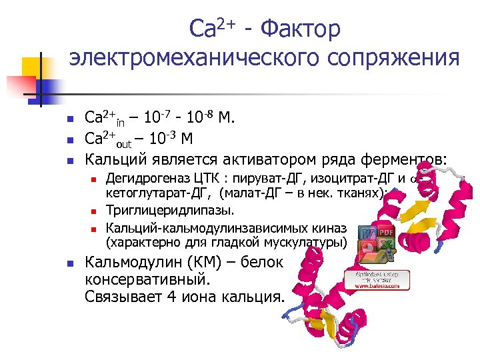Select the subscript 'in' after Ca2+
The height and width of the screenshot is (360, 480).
(x=120, y=123)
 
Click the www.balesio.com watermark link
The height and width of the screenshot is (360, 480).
(x=377, y=285)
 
